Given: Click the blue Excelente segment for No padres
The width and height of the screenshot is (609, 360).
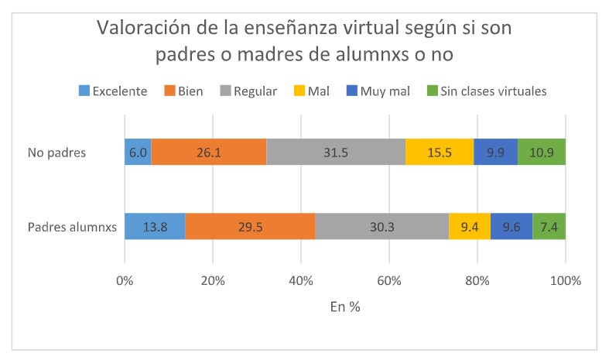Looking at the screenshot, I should tap(138, 153).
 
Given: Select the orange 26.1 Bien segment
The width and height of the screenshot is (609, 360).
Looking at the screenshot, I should tap(209, 153).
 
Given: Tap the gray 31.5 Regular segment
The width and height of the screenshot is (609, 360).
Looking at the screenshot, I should tap(336, 153).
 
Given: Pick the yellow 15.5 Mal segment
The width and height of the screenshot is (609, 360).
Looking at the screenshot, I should tap(440, 153).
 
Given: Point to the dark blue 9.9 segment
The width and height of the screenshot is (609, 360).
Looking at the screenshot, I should tap(495, 153).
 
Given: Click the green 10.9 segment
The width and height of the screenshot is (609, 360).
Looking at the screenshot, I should tap(541, 153).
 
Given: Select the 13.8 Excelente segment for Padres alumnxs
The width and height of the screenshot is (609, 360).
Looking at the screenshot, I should tap(155, 228).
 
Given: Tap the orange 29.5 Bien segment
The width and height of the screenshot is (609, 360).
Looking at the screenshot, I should tap(250, 228).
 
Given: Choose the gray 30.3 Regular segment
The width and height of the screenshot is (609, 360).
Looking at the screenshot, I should tap(381, 228).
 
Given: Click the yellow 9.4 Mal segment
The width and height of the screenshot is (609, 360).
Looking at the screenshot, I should tap(469, 228).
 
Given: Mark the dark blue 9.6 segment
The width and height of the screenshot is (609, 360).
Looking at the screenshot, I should tap(511, 228).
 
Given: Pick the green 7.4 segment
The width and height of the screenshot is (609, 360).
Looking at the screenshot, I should tap(549, 228).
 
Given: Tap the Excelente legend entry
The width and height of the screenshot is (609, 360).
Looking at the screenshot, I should tap(113, 91).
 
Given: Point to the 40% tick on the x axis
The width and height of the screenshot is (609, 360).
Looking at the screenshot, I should tap(301, 279).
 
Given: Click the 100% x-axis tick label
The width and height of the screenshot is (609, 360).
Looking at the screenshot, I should tap(565, 279).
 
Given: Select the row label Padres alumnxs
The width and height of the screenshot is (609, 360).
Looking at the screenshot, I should tap(71, 228).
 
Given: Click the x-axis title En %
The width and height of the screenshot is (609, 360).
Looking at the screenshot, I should tap(345, 306).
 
